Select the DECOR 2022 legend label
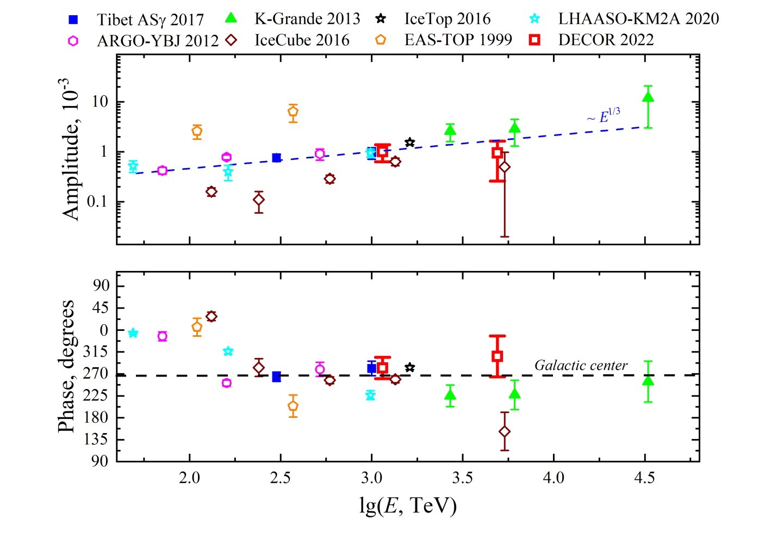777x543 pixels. click(606, 40)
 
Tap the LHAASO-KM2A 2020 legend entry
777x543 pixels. click(638, 18)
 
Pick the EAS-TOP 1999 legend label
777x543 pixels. click(458, 40)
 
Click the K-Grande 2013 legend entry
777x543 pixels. click(307, 18)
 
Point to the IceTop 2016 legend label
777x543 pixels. click(447, 18)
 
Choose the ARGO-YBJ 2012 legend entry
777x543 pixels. click(157, 40)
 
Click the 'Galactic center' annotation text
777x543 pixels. click(581, 365)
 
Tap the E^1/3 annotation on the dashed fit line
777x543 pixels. click(604, 116)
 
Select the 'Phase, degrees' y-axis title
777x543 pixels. click(66, 366)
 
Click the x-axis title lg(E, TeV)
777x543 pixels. click(408, 505)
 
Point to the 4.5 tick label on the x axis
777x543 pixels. click(644, 478)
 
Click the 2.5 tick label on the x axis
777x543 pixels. click(280, 478)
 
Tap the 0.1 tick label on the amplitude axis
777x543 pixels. click(97, 202)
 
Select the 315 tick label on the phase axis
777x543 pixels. click(96, 352)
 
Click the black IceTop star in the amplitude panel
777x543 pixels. click(410, 143)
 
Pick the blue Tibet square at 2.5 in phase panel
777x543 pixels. click(276, 377)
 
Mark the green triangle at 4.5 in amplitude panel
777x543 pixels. click(648, 97)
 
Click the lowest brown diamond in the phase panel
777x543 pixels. click(505, 431)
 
